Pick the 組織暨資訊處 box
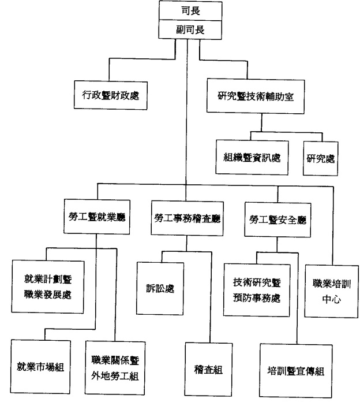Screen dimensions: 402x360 point(252,157)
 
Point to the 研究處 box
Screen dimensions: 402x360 point(320,157)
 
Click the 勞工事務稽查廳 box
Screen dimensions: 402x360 point(187,217)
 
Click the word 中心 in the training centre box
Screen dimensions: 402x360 point(327,300)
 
